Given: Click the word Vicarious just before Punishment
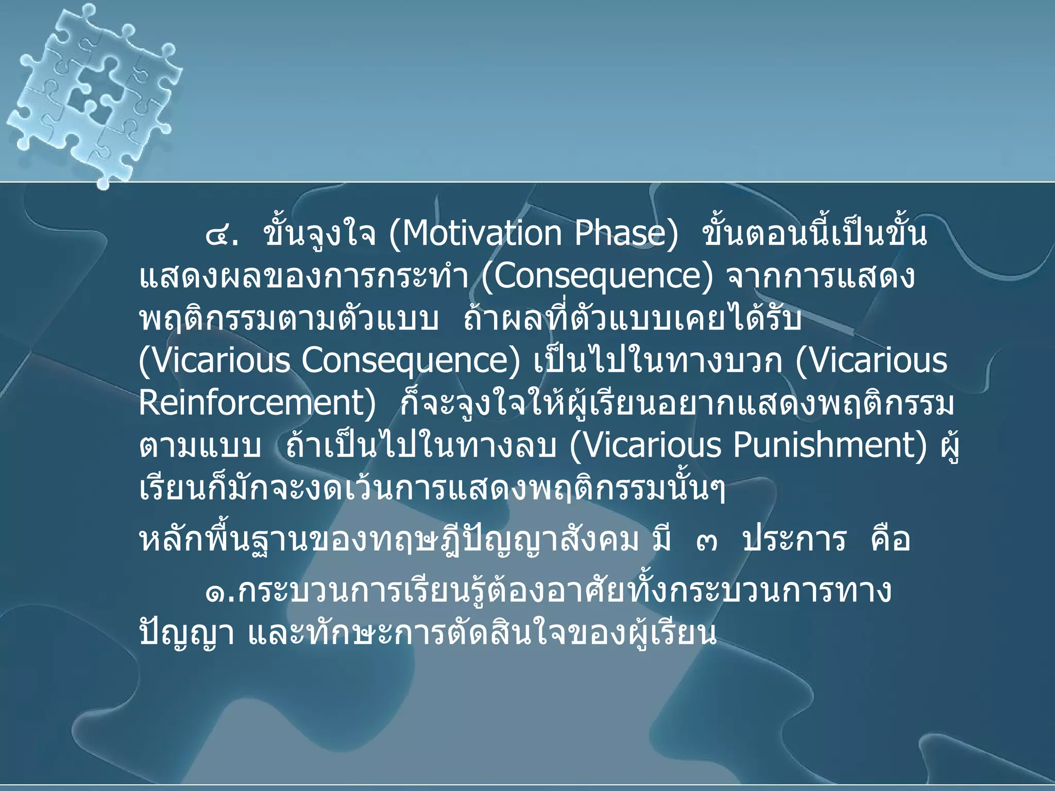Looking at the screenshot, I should [646, 445].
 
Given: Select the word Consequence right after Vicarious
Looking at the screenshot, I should [411, 360].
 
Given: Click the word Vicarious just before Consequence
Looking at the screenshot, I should [214, 360].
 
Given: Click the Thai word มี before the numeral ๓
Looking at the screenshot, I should [662, 540].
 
